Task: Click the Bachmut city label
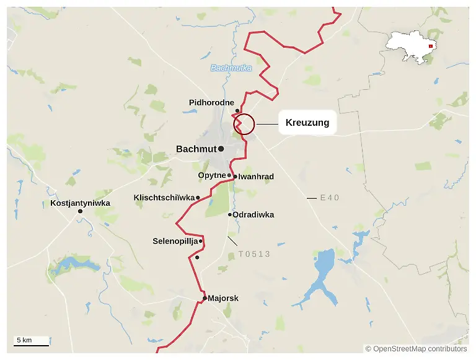click(196, 149)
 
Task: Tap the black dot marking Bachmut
click(221, 149)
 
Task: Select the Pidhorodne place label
click(211, 102)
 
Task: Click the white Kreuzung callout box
click(307, 123)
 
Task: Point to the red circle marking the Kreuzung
click(244, 124)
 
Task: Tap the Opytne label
click(211, 175)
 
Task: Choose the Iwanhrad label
click(256, 177)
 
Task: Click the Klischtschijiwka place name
click(164, 198)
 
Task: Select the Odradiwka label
click(253, 215)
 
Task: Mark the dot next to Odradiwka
click(230, 215)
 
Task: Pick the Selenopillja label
click(175, 241)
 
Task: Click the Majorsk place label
click(223, 298)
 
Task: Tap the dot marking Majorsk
click(205, 298)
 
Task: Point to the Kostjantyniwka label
click(80, 203)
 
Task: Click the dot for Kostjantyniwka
click(80, 212)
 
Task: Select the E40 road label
click(330, 198)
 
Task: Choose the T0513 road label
click(254, 254)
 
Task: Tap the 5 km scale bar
click(32, 343)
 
